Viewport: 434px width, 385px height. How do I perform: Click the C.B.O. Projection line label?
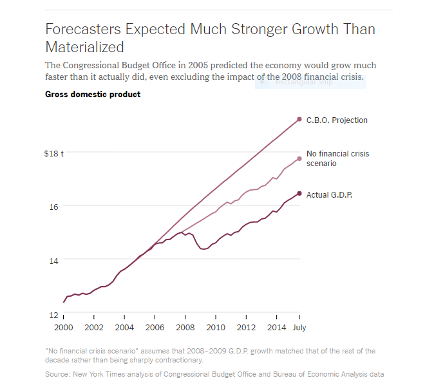coord(337,120)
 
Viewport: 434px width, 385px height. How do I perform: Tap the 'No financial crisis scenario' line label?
coord(337,158)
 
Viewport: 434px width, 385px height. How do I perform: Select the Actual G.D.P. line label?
coord(329,194)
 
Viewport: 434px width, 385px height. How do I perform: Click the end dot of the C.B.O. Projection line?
coord(299,119)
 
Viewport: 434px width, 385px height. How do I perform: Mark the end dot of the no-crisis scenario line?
coord(299,158)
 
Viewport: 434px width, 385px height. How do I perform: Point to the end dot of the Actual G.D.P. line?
coord(299,194)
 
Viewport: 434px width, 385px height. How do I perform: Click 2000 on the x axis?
coord(63,328)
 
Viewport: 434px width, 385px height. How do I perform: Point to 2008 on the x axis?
coord(185,328)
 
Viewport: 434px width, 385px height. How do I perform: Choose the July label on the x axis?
coord(299,328)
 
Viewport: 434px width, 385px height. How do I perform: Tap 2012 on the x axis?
coord(246,328)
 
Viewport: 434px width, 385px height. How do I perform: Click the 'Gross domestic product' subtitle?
coord(93,95)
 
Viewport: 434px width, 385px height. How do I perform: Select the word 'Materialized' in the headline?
coord(84,47)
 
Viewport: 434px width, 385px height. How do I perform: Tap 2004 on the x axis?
coord(124,328)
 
